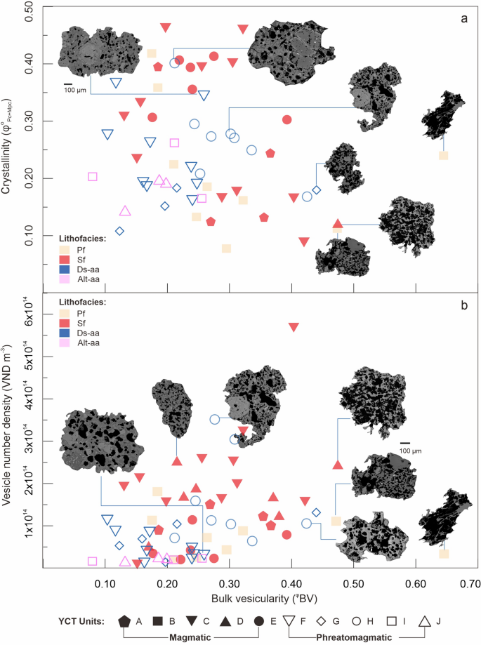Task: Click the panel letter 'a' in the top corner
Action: coord(463,18)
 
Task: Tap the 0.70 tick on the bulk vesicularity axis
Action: coord(459,584)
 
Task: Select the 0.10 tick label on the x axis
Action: coord(105,584)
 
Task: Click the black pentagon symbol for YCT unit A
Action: coord(124,621)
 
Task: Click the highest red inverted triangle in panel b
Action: coord(293,327)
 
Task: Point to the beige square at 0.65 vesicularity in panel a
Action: coord(443,155)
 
